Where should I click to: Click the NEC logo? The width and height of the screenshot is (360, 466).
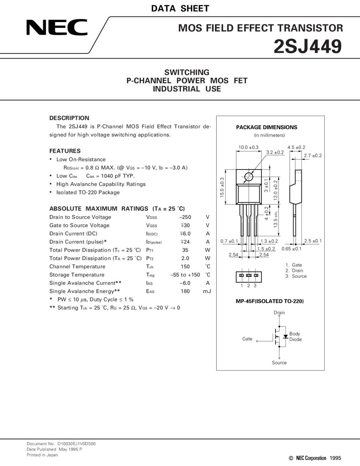[x=57, y=27]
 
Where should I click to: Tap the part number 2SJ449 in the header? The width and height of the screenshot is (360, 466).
[x=308, y=47]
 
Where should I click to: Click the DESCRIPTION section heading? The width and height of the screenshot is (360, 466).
[x=69, y=118]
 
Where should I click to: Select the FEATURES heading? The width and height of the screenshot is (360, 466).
[x=65, y=151]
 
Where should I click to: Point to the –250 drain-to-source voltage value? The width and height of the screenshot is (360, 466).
[x=185, y=217]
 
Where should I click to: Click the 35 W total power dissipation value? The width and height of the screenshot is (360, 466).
[x=185, y=250]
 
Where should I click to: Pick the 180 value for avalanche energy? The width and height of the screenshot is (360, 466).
[x=185, y=291]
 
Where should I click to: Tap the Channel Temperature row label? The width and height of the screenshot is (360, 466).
[x=77, y=266]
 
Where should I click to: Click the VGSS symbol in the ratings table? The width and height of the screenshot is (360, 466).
[x=151, y=225]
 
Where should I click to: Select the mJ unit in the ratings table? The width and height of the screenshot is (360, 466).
[x=207, y=291]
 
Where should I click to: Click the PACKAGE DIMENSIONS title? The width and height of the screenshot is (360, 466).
[x=266, y=127]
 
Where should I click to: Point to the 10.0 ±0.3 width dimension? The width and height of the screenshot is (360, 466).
[x=248, y=147]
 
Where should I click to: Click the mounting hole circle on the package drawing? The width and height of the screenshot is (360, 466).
[x=249, y=177]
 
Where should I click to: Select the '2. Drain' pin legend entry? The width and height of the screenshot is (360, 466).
[x=294, y=271]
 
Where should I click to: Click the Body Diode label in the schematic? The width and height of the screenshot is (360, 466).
[x=295, y=337]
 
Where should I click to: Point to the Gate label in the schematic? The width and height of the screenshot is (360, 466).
[x=247, y=339]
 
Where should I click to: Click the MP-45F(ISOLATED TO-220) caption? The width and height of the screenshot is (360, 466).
[x=270, y=301]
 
